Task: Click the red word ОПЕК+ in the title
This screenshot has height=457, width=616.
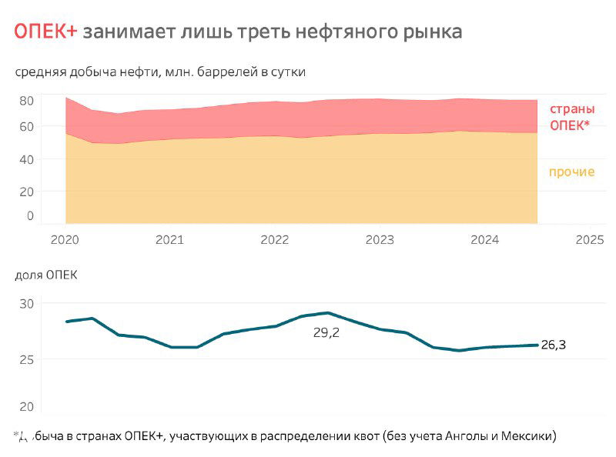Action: click(45, 32)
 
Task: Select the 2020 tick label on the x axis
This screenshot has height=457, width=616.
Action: click(65, 240)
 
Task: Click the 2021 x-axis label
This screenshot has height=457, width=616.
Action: click(169, 240)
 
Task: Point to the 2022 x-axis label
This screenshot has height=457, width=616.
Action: click(275, 240)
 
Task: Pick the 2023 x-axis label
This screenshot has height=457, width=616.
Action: click(380, 240)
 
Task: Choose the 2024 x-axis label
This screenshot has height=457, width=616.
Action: click(484, 240)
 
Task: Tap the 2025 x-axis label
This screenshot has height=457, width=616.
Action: click(590, 240)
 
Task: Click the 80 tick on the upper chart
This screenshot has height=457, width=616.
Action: click(26, 101)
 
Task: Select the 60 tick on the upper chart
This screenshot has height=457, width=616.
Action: click(26, 126)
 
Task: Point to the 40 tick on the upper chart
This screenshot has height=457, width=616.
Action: click(26, 159)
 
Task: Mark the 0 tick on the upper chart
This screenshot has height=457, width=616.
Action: click(30, 216)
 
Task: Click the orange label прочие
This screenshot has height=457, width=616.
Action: click(571, 172)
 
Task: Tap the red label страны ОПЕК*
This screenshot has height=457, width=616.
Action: click(571, 117)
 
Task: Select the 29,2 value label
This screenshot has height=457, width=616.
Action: click(326, 334)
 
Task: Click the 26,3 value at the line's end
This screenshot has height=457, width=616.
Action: click(553, 345)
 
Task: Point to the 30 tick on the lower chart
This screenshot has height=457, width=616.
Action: click(26, 304)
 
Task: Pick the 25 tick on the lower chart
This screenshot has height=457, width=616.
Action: click(26, 359)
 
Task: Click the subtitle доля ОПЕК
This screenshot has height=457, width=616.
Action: click(46, 275)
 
